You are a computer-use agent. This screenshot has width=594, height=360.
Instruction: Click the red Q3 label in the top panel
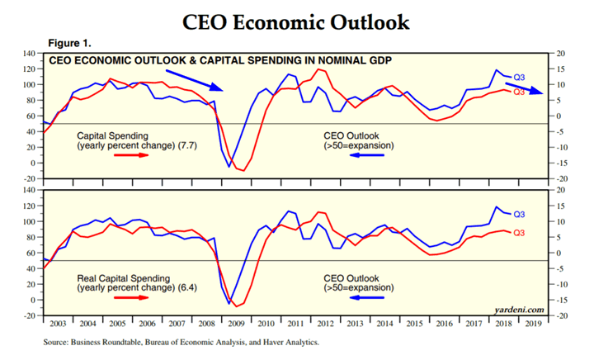click(x=520, y=92)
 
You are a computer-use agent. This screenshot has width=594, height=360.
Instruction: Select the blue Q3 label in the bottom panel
click(x=520, y=215)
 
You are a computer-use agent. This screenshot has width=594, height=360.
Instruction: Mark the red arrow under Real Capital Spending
click(x=134, y=295)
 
